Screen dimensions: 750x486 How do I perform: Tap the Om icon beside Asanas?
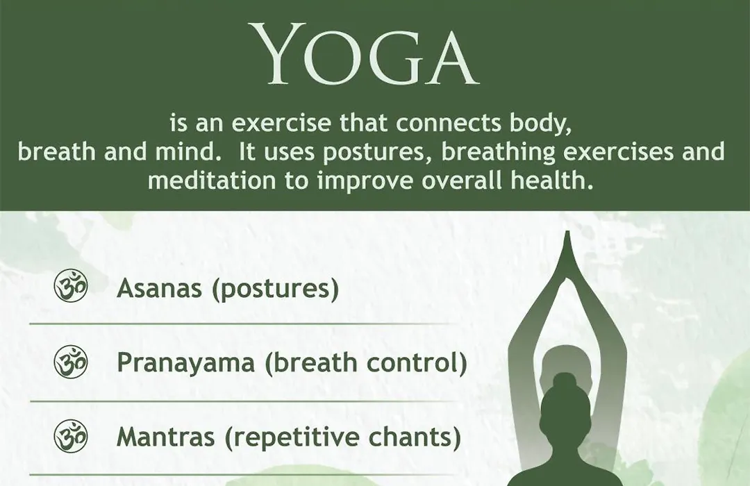tap(71, 285)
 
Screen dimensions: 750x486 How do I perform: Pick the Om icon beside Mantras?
tap(71, 436)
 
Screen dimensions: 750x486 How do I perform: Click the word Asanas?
tap(159, 288)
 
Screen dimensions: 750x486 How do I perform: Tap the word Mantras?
tap(165, 437)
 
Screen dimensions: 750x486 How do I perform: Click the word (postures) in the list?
tap(276, 289)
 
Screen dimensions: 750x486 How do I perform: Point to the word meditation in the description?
tap(212, 181)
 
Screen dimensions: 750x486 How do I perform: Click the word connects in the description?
tap(449, 124)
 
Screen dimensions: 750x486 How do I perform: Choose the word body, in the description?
tap(541, 124)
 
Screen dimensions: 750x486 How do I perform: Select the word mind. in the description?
tap(187, 152)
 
